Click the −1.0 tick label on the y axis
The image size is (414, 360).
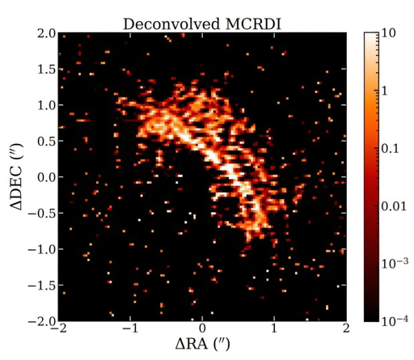(x=40, y=249)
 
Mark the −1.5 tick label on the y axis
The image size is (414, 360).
(x=40, y=285)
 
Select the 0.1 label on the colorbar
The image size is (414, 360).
(x=391, y=149)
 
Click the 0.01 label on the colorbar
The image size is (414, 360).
(x=395, y=207)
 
